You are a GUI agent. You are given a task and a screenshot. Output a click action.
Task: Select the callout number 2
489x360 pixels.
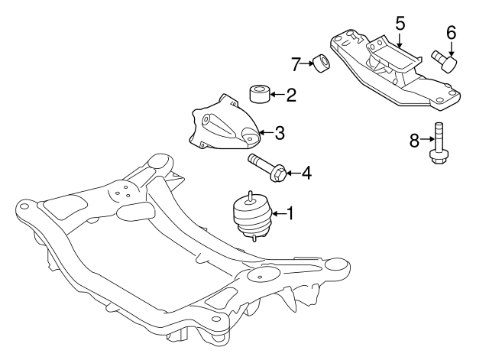pyautogui.click(x=291, y=96)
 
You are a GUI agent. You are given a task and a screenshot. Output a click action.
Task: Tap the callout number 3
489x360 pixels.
pyautogui.click(x=280, y=133)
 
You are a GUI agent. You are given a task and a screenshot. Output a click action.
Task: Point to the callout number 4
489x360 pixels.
pyautogui.click(x=306, y=174)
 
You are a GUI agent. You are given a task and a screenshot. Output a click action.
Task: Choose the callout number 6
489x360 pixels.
pyautogui.click(x=450, y=32)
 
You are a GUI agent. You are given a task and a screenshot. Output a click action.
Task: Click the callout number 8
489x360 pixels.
pyautogui.click(x=415, y=140)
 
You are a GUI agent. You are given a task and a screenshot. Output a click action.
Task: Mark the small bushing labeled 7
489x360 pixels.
pyautogui.click(x=322, y=62)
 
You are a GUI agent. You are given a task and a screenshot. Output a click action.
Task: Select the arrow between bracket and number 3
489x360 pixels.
pyautogui.click(x=264, y=133)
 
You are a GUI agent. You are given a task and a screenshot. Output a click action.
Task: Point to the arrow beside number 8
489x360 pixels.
pyautogui.click(x=426, y=140)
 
